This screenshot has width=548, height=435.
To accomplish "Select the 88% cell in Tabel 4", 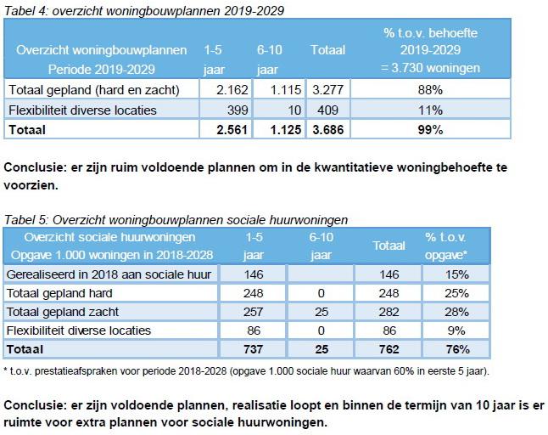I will click(430, 89).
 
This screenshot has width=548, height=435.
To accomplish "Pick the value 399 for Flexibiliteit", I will click(226, 110).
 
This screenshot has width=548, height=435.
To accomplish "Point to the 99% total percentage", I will click(430, 129).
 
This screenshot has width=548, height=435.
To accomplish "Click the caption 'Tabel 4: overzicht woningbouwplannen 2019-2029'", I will click(144, 11).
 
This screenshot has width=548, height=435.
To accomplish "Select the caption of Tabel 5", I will click(176, 219).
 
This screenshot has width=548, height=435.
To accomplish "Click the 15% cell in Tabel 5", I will click(456, 275).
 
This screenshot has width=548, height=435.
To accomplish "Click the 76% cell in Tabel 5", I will click(456, 348).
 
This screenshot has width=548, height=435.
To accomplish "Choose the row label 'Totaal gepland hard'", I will click(60, 293).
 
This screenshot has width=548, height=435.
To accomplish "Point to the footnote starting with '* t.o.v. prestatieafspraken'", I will click(246, 370).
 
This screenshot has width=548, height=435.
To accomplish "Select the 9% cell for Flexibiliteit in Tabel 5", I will click(456, 330).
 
